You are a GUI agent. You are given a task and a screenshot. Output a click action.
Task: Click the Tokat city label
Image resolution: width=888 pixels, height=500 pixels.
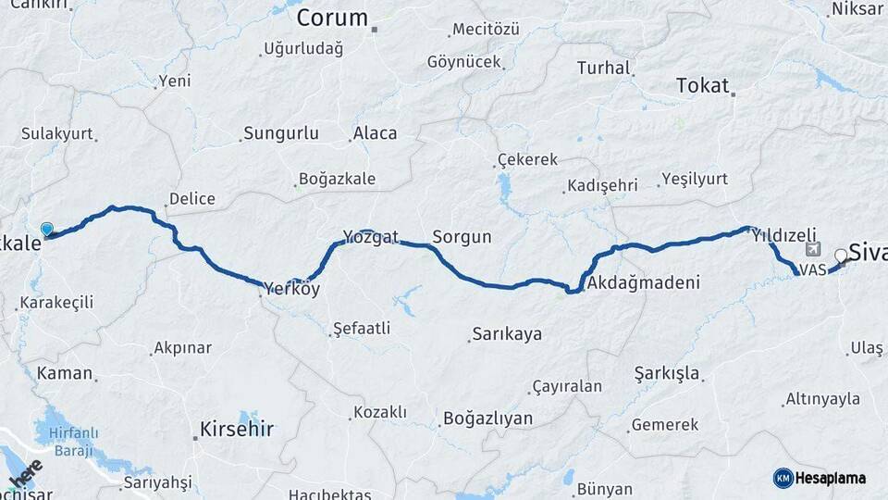703,85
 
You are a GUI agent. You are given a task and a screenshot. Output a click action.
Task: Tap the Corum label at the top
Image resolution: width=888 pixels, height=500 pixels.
332,18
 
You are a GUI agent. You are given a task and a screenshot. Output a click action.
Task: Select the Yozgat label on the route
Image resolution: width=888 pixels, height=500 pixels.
370,237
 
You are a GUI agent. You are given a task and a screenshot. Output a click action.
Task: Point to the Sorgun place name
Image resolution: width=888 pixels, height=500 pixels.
462,237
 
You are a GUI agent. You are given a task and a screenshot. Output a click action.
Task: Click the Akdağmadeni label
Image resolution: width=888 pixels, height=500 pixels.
643,282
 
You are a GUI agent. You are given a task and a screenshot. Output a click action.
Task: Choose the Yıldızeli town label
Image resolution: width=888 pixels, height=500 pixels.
784,235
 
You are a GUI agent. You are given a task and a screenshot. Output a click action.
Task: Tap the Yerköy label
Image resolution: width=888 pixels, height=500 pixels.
292,289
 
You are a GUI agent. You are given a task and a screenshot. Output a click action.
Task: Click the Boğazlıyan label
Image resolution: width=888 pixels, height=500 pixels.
488,419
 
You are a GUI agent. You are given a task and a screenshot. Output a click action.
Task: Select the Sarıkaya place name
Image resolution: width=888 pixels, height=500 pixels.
507,334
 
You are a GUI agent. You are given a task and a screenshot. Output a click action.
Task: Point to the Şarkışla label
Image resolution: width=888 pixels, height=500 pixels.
667,374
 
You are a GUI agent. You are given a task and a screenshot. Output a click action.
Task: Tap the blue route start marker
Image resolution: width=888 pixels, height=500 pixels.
47,230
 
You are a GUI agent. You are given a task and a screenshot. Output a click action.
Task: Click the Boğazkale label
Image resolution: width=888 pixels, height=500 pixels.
337,179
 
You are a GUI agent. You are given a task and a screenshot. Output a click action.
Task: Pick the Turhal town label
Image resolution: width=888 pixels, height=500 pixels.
603,68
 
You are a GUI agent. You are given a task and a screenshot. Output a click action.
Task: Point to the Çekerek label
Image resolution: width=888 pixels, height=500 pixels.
527,159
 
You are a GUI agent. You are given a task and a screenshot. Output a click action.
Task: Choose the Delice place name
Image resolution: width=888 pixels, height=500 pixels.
191,198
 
